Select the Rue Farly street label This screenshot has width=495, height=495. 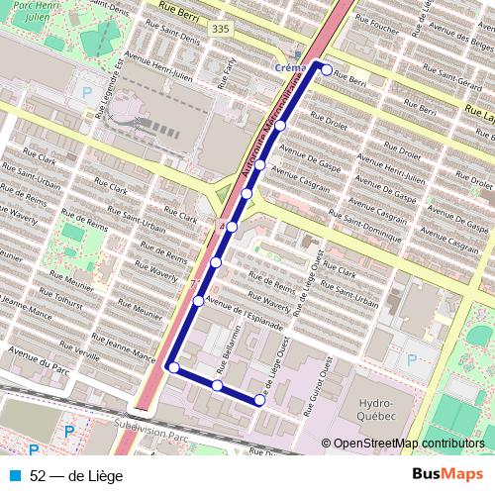pyautogui.click(x=227, y=70)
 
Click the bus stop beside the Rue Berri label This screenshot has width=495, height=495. pyautogui.click(x=327, y=70)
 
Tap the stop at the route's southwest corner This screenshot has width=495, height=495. pyautogui.click(x=174, y=368)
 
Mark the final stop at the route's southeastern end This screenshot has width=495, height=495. pyautogui.click(x=259, y=400)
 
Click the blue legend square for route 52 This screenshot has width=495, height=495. pyautogui.click(x=16, y=475)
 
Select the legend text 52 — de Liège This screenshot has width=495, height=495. pyautogui.click(x=76, y=475)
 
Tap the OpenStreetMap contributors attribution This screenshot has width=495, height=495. pyautogui.click(x=408, y=445)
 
